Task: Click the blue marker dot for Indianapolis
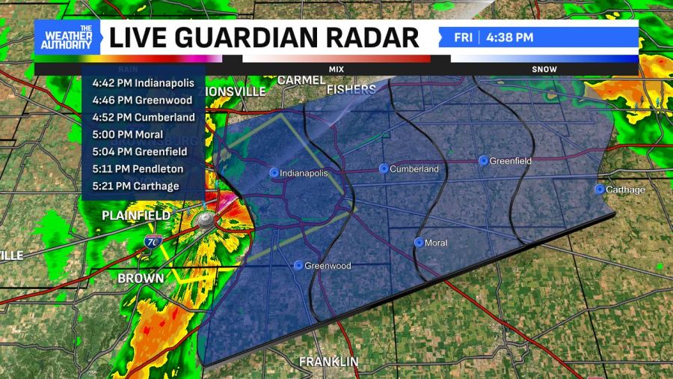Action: pos(274,172)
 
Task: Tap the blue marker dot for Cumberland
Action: pos(384,169)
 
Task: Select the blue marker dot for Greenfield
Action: pos(483,160)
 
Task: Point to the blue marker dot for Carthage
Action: pos(599,189)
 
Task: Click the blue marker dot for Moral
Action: pos(419,242)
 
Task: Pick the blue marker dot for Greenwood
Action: pos(298,265)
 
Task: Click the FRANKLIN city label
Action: pos(329,362)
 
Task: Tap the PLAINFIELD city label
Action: pos(137,216)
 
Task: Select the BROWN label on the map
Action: pos(141,279)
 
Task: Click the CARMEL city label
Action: pos(301,80)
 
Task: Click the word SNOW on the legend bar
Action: pos(544,69)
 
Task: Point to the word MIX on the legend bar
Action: pos(336,69)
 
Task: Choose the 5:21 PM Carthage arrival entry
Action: pos(136,186)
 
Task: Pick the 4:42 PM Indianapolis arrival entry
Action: pos(143,82)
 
